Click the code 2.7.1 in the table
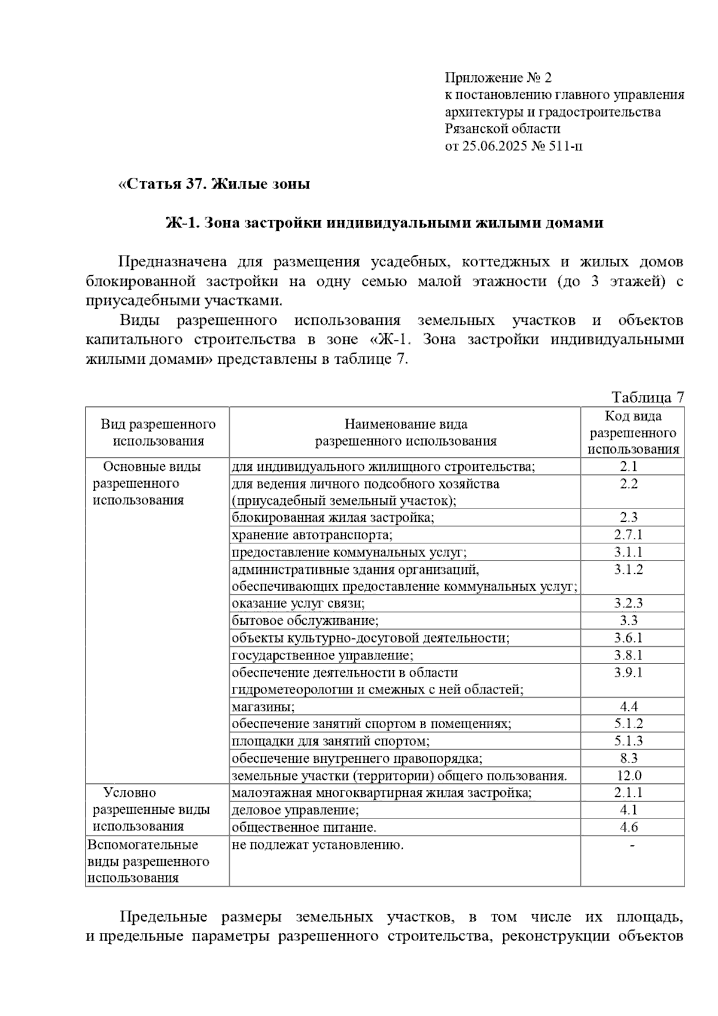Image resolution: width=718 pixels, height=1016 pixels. (628, 534)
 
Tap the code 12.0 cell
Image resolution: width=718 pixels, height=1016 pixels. (629, 775)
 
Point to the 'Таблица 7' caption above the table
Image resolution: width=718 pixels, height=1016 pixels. (647, 397)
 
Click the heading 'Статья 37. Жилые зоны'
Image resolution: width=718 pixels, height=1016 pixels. (214, 184)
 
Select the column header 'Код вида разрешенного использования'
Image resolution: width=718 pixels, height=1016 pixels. (633, 433)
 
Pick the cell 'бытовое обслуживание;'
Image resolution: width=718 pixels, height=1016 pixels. (305, 620)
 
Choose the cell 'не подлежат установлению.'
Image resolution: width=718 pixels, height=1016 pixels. (318, 845)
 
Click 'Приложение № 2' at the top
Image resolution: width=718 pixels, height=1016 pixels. (498, 78)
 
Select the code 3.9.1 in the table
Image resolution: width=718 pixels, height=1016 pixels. (628, 672)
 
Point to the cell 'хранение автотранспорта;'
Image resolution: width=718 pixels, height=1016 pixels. (312, 534)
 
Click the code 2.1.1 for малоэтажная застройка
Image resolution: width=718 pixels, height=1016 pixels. (628, 792)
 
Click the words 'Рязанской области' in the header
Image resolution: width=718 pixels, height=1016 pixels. (503, 129)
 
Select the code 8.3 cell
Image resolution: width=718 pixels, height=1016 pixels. (629, 758)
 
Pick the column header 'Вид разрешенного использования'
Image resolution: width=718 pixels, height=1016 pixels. (158, 433)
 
